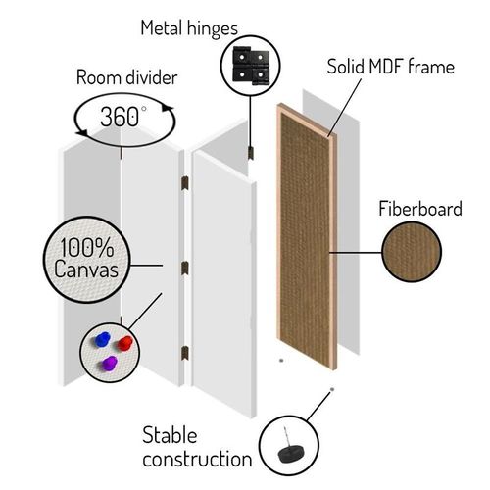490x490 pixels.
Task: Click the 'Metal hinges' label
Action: point(189,29)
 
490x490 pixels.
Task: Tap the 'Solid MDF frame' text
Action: point(391,67)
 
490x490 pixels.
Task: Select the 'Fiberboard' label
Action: point(420,209)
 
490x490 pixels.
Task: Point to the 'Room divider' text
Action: point(126,77)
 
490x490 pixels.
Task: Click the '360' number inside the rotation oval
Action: point(120,117)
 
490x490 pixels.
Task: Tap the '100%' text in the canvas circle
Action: point(87,247)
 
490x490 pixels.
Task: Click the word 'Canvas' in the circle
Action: point(86,269)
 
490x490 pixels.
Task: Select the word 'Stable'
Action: point(170,435)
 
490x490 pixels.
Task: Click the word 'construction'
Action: point(197,459)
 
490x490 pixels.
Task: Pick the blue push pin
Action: point(102,339)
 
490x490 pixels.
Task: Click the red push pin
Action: point(125,343)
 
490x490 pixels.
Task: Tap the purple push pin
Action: point(110,364)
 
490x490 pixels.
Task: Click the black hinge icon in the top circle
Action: point(251,66)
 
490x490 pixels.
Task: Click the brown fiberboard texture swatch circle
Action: point(412,252)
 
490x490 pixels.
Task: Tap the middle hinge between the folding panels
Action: point(185,269)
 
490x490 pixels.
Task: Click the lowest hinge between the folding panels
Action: point(185,354)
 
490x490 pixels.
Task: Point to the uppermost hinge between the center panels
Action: point(185,183)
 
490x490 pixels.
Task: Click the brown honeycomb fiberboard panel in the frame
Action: point(305,237)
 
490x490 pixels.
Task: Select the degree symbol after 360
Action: point(144,109)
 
